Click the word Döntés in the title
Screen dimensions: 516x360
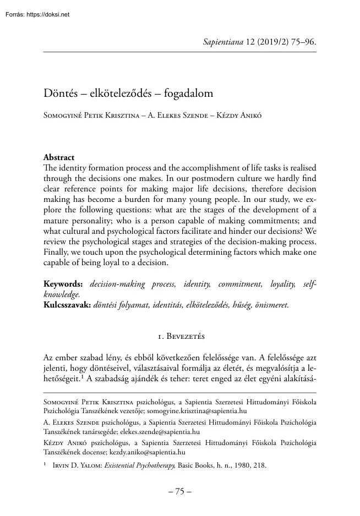[60, 94]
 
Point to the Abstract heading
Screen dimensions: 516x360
[59, 157]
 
